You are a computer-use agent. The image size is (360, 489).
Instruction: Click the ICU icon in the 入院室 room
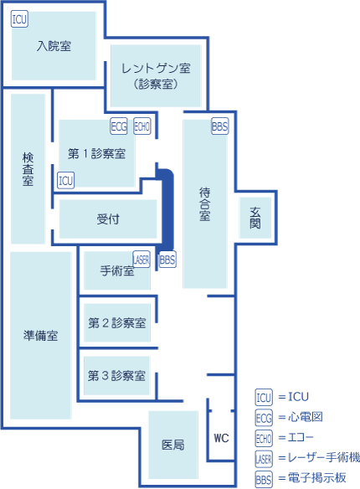point(19,19)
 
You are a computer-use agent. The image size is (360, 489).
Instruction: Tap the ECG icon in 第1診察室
point(119,126)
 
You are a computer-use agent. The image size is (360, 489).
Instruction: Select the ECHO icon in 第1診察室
point(142,126)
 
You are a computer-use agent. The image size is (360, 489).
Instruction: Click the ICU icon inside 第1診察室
point(66,180)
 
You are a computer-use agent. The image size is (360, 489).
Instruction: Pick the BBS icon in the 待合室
point(220,126)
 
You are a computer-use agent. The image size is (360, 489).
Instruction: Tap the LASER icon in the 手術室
point(141,260)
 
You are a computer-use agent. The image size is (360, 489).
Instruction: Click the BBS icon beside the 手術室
point(167,260)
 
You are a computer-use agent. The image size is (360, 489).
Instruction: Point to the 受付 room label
point(108,219)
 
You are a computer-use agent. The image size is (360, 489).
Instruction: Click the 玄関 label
point(255,218)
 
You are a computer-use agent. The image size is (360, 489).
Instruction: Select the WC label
point(221,438)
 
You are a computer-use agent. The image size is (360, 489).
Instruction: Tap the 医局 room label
point(173,445)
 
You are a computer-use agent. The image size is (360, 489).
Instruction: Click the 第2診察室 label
point(117,322)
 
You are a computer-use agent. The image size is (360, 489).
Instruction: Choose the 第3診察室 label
point(116,375)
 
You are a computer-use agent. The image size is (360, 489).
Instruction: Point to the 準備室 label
point(40,336)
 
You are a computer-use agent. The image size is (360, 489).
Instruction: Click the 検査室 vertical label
point(28,169)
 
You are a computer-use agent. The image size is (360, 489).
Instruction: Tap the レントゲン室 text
point(156,68)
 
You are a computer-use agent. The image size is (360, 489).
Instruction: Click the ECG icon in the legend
point(264,418)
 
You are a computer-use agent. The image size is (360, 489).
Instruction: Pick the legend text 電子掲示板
point(317,478)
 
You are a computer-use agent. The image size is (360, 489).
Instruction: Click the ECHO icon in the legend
point(264,438)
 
